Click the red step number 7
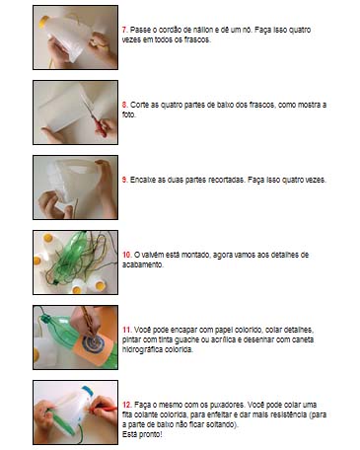124,30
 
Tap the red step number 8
124,105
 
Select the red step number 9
124,180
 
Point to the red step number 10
127,255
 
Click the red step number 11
127,330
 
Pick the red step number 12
127,405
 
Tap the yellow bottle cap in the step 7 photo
43,23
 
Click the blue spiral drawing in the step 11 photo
93,343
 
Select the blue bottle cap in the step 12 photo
88,391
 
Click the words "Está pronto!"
142,434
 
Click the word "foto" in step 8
128,114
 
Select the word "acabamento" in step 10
142,264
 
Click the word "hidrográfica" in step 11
142,349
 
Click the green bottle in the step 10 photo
71,259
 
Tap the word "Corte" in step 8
139,105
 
